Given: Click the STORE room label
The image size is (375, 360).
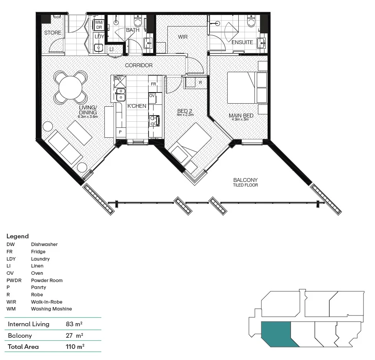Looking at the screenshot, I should coord(53,33).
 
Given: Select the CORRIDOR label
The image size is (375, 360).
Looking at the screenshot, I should coord(139,66).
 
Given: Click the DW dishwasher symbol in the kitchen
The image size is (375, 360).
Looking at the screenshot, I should coord(118,79).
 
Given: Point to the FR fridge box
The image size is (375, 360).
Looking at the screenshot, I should coord(153,84).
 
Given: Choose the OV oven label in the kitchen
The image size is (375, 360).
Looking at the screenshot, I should coord(152,96).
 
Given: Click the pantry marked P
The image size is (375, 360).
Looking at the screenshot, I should coord(120,132).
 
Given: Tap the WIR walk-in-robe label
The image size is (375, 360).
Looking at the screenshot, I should coord(182,37).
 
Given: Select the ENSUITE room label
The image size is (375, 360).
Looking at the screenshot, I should coord(242,42).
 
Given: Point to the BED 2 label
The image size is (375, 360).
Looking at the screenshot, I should coord(185,111).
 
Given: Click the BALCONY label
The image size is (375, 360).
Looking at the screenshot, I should coord(245,180).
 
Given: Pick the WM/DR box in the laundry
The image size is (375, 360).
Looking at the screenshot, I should coord(99,25).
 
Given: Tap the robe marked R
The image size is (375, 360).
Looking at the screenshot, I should coord(200,83).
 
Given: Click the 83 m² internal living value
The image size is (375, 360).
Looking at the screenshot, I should coord(74,324).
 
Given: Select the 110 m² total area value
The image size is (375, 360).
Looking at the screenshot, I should coord(75,347).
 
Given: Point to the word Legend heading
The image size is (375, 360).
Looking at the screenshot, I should coord(18,236).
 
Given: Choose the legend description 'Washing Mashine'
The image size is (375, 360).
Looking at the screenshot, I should coord(51,309).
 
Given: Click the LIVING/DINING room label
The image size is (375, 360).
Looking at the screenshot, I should coord(88,110).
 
